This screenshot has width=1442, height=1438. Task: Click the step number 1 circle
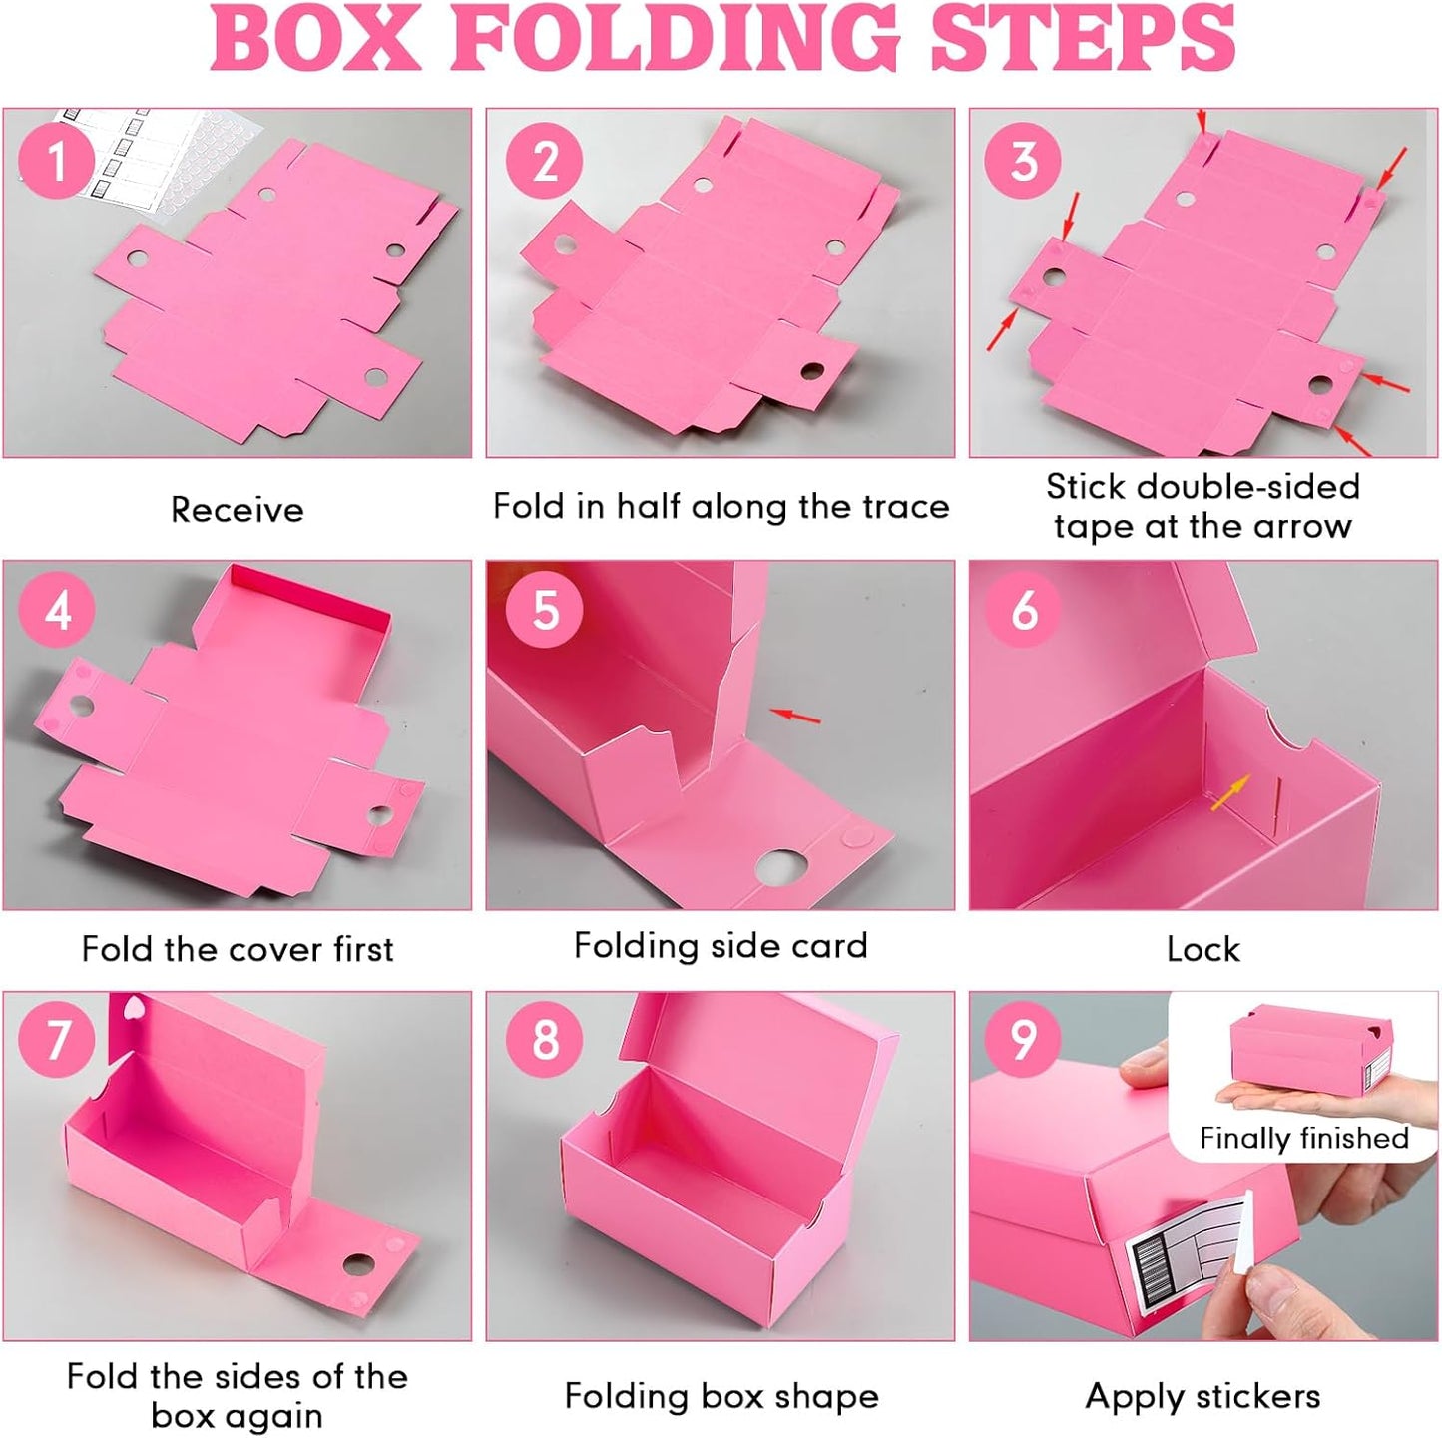(57, 161)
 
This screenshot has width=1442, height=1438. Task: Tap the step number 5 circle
(545, 608)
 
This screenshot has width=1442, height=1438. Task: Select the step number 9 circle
(1024, 1039)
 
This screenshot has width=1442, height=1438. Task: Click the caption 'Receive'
(237, 510)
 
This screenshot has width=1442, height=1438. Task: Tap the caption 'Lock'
(1202, 949)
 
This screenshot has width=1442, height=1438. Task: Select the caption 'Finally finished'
(1303, 1138)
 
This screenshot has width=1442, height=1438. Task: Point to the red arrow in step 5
(797, 716)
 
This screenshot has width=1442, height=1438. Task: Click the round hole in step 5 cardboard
(781, 867)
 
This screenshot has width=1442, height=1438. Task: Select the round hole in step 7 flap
(357, 1265)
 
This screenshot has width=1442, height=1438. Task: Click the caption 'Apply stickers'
(1202, 1396)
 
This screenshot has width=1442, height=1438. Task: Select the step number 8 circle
(545, 1039)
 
